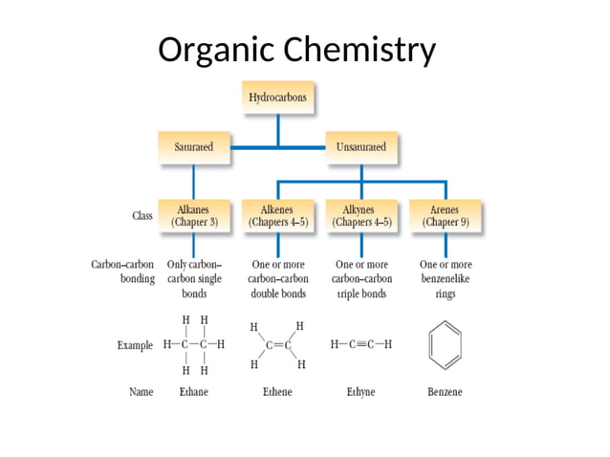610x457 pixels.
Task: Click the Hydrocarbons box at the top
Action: [x=277, y=98]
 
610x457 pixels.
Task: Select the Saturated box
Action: [x=193, y=147]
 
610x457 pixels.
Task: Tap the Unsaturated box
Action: [x=361, y=147]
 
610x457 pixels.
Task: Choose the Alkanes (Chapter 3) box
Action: [x=194, y=215]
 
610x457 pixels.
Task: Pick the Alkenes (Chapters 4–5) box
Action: [x=277, y=215]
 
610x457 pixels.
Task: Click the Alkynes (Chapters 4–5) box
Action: [x=361, y=215]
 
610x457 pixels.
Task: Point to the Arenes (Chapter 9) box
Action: [x=446, y=215]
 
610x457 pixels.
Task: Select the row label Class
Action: [x=142, y=216]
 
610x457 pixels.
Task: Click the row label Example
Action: [x=134, y=345]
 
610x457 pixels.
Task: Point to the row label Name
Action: [x=141, y=392]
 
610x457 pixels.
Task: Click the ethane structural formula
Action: [x=194, y=344]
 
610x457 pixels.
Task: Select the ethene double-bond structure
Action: [x=277, y=345]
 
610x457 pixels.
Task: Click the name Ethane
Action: [x=194, y=392]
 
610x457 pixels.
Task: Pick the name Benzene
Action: [x=446, y=392]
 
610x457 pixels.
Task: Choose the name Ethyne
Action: [x=361, y=392]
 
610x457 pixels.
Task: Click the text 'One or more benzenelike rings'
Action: [x=446, y=279]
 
